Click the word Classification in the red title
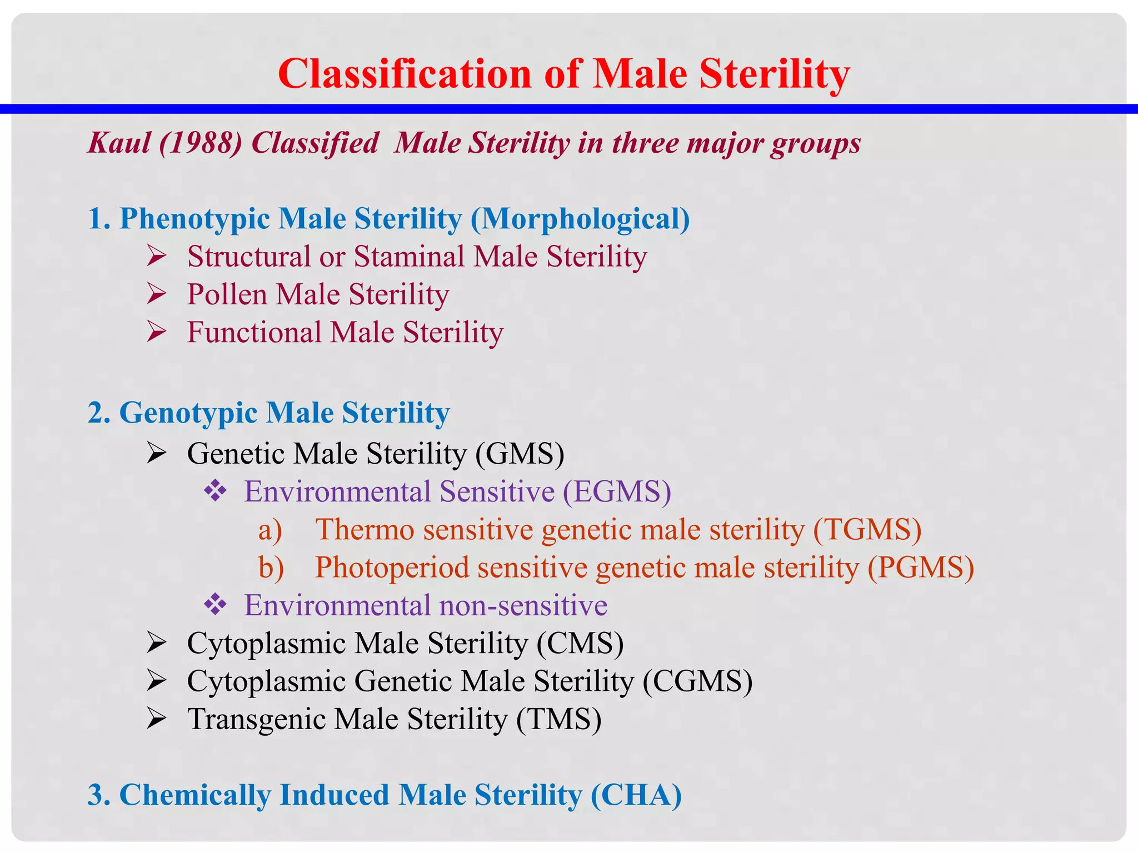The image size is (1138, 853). (405, 74)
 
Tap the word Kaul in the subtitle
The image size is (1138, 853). (119, 143)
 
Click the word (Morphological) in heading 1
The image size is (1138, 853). (580, 219)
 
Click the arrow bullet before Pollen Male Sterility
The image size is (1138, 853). (157, 294)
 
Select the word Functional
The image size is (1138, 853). (254, 333)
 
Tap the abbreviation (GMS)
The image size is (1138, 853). (520, 454)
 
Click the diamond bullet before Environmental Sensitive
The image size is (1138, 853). (215, 491)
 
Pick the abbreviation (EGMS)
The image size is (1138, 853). (617, 492)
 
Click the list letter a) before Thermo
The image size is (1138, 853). (270, 530)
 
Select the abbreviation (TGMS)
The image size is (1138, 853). (867, 530)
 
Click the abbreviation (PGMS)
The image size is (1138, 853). (921, 568)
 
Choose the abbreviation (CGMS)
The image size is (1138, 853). (697, 681)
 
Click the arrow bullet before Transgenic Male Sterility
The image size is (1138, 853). (157, 719)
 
